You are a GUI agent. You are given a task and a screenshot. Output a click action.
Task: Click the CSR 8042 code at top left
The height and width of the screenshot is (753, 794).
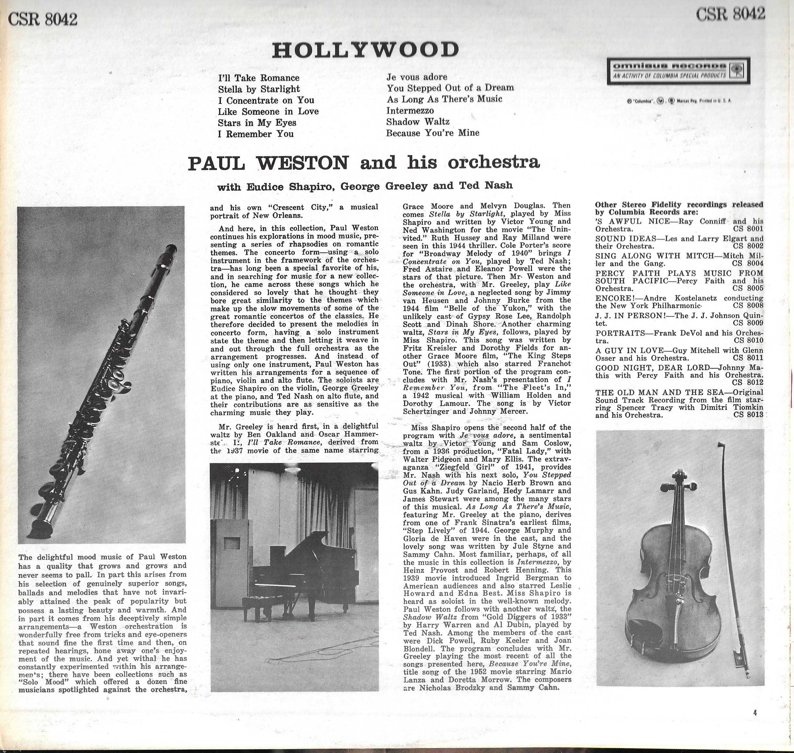coord(42,19)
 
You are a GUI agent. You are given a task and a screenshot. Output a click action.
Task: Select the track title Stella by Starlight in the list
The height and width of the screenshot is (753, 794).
coord(259,89)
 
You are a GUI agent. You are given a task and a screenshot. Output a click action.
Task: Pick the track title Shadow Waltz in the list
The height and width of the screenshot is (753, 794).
coord(418,122)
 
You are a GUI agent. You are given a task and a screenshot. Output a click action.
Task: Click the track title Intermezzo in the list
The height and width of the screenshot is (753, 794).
coord(410,110)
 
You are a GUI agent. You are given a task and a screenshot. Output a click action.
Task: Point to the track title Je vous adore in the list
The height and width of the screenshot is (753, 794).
coord(417,77)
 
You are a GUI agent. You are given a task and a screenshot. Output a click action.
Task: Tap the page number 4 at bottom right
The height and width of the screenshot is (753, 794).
coord(755,713)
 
